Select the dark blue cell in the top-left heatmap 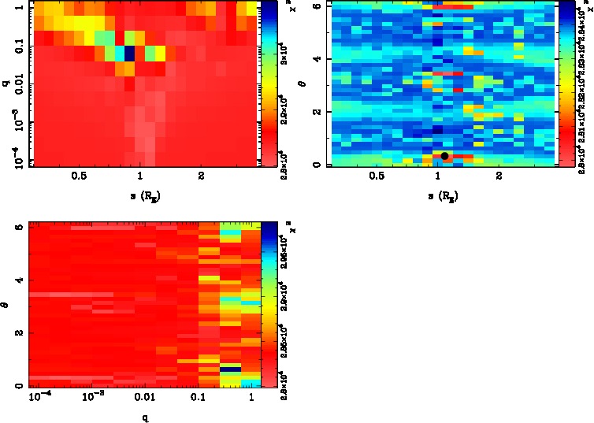[129, 54]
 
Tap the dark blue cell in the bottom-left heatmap [229, 368]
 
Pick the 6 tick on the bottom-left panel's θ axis [19, 226]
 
